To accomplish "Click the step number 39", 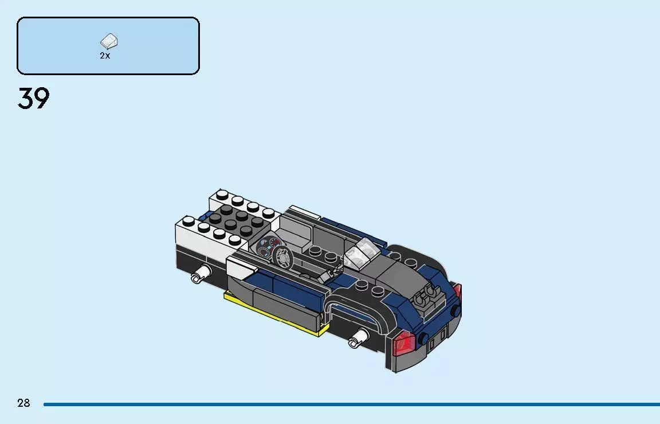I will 34,99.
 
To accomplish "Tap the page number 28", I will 23,403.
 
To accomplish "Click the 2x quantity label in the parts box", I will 105,56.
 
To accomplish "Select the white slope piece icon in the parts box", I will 109,42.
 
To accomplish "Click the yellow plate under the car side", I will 275,318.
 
